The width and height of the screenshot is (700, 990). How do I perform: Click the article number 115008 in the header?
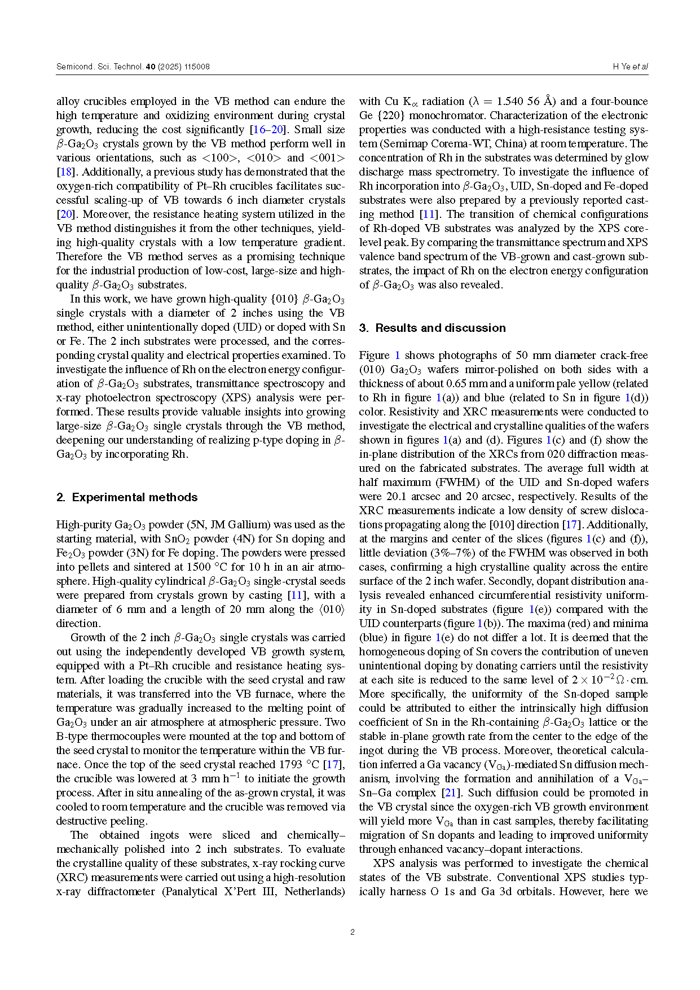pos(197,67)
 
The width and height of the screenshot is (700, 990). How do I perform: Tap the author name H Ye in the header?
pos(622,67)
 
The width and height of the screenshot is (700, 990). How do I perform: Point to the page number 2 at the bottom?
pos(353,932)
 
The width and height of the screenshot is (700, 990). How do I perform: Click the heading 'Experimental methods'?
pos(135,497)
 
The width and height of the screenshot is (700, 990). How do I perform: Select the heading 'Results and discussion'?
pos(441,328)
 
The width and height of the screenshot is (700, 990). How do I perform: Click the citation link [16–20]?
pos(267,129)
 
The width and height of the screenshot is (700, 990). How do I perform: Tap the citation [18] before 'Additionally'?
pos(64,172)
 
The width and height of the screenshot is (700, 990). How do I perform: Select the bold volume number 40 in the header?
pos(150,67)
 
